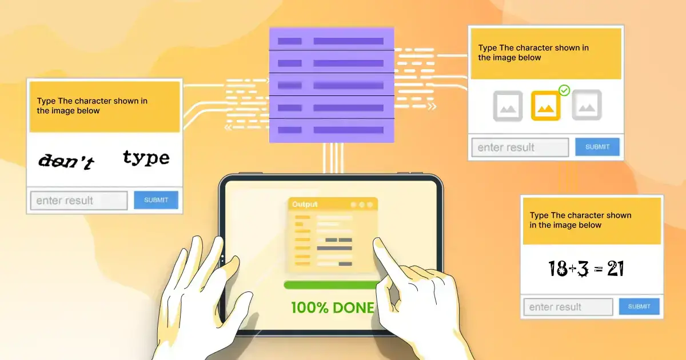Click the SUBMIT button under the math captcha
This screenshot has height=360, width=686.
tap(639, 306)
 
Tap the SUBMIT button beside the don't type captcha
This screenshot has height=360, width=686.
tap(156, 200)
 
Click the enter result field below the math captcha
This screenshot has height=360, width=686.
tap(568, 307)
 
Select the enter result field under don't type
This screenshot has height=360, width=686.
tap(79, 201)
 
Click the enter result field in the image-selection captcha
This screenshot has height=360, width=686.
tap(520, 147)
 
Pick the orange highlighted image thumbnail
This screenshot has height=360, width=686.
tap(545, 106)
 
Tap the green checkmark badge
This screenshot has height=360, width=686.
tap(564, 90)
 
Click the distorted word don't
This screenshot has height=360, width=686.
tap(66, 161)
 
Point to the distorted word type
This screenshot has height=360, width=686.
tap(146, 158)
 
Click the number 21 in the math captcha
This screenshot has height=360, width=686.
tap(615, 269)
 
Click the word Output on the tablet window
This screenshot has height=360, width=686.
tap(305, 204)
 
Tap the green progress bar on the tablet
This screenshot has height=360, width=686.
tap(332, 285)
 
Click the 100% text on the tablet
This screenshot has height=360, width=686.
tap(310, 307)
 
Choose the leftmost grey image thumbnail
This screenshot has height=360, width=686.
tap(508, 106)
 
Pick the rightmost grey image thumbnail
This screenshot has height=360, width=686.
tap(587, 105)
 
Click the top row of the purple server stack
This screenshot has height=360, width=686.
tap(332, 39)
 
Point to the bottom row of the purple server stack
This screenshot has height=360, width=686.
tap(332, 131)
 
